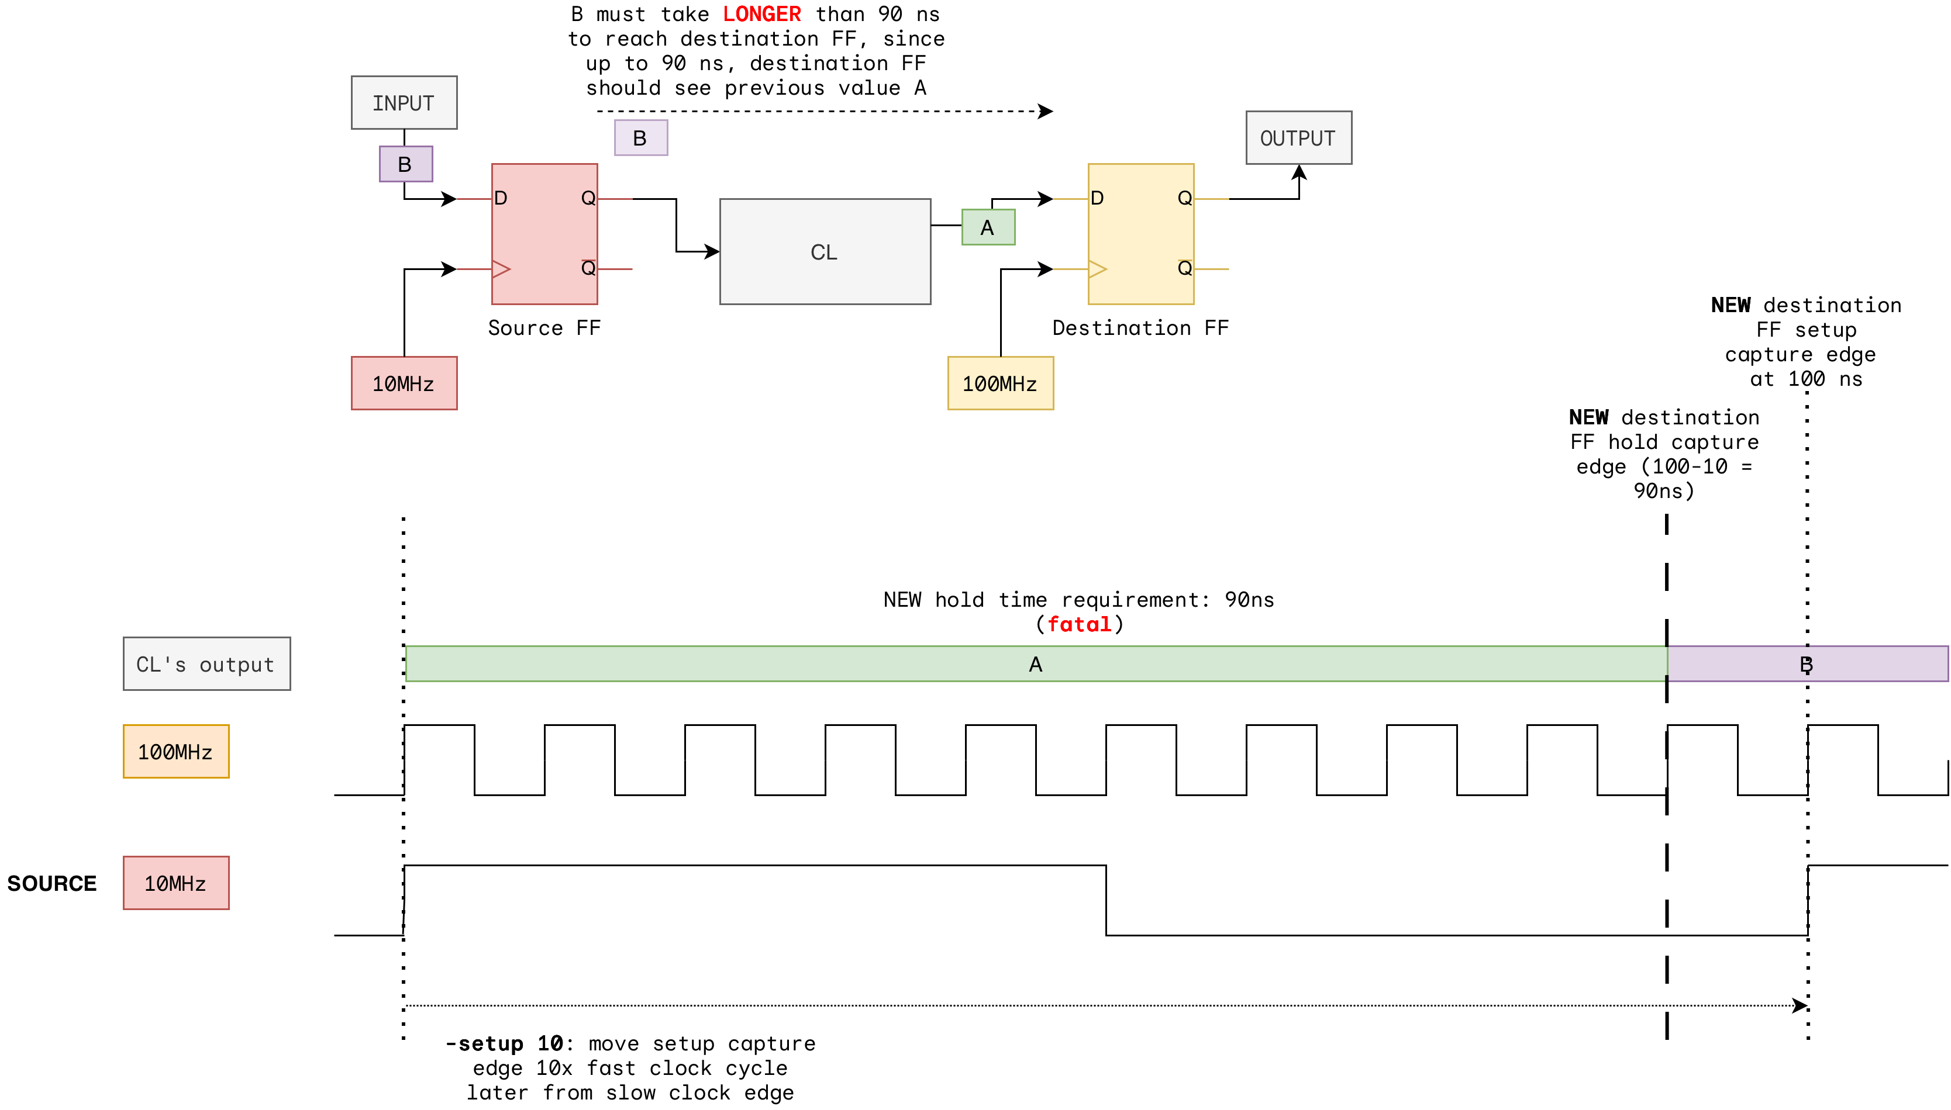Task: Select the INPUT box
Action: [404, 103]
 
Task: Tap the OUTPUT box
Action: [1298, 138]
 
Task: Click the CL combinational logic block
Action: [825, 251]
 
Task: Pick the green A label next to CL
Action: [988, 227]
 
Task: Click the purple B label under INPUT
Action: [406, 164]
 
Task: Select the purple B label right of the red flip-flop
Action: [640, 138]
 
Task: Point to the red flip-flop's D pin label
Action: [501, 198]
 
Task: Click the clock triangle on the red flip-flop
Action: [501, 269]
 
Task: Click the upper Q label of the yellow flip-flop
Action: [1184, 198]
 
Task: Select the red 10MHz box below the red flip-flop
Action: [404, 383]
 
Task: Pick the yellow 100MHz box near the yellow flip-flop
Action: [1000, 383]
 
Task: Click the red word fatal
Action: [1079, 624]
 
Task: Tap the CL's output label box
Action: [206, 664]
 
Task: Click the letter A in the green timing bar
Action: [1035, 664]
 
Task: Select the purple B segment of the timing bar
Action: [1808, 664]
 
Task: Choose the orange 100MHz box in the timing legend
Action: [175, 752]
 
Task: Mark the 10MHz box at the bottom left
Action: [175, 883]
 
